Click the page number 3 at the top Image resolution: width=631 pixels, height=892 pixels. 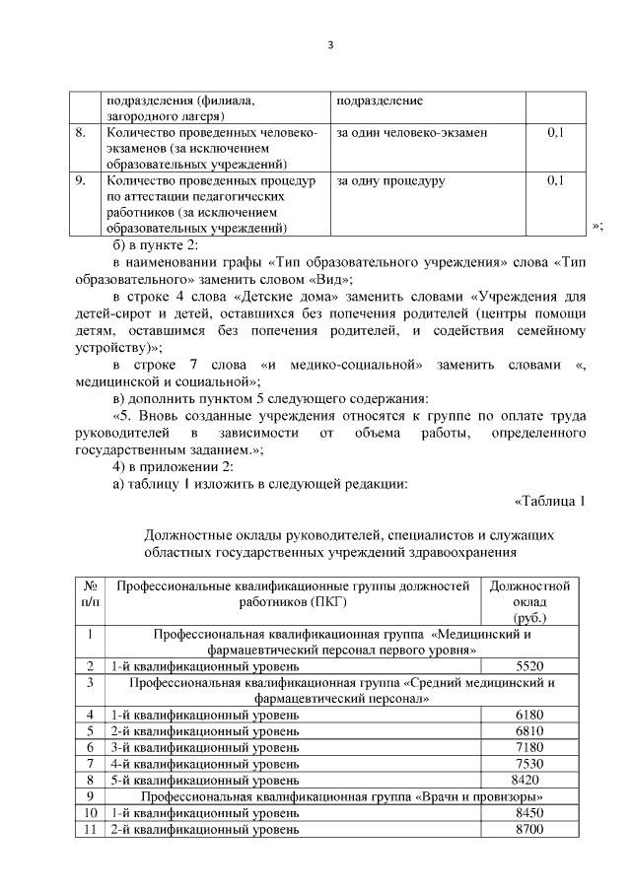pos(330,44)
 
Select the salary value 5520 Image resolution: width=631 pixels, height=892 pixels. pos(529,665)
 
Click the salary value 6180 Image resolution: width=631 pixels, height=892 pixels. pos(529,714)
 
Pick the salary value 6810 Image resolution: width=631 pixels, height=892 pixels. pos(529,730)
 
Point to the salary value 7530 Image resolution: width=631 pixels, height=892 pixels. pos(529,763)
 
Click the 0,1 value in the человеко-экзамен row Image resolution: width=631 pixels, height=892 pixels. pos(555,132)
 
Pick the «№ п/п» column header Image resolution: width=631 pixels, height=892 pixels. pos(89,592)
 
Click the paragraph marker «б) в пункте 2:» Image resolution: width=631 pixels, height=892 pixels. pos(157,244)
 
